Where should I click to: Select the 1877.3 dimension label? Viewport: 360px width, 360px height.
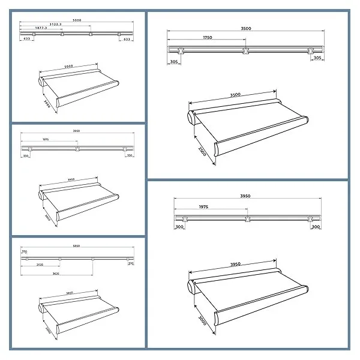(x=41, y=28)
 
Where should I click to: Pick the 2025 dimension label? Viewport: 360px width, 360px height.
(x=39, y=264)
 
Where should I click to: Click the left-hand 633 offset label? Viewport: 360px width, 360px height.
(x=27, y=39)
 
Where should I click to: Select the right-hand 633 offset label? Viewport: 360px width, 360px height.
(x=126, y=39)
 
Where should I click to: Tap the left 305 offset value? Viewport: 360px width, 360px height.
(x=174, y=61)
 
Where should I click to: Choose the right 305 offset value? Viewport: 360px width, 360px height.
(x=318, y=61)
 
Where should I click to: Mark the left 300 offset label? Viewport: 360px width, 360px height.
(x=179, y=227)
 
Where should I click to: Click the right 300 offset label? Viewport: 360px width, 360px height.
(x=316, y=227)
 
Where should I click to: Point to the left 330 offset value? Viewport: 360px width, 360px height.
(x=26, y=155)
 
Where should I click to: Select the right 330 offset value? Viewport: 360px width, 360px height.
(x=128, y=155)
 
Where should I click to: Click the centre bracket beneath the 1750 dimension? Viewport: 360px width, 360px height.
(x=245, y=50)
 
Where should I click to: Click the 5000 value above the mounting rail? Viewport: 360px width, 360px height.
(x=76, y=20)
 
